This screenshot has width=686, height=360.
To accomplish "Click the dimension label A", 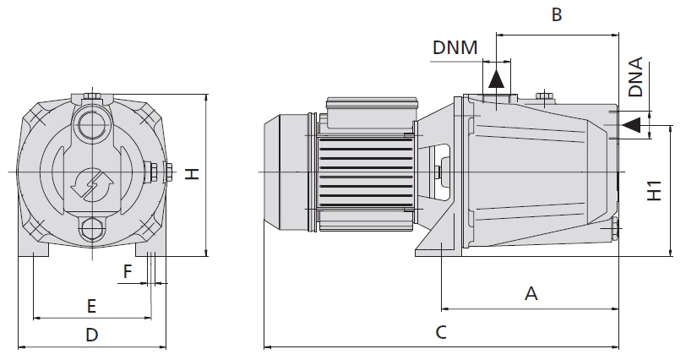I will coord(531,293).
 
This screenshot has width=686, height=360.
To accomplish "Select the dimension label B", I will coord(556,14).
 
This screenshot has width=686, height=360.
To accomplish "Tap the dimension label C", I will coord(441,332).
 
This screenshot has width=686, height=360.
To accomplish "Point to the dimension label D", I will coord(92,335).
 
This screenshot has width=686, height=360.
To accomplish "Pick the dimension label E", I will coord(92,304).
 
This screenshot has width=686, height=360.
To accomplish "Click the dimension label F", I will coord(128,271).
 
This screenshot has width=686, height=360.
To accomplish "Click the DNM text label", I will coord(455,48).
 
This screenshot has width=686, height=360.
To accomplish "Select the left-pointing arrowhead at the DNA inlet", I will coord(629,126).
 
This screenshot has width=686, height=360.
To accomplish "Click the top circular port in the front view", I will coord(90,126).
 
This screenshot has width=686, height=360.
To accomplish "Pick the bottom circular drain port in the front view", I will coord(92,229).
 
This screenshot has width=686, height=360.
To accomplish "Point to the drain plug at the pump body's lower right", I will coord(613,228).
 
